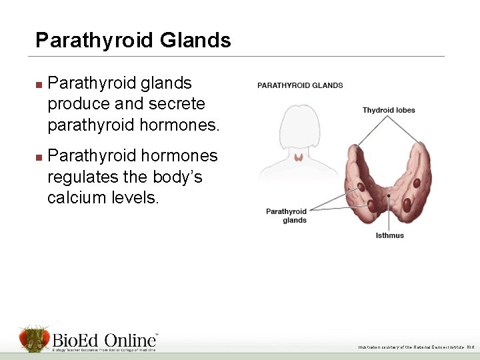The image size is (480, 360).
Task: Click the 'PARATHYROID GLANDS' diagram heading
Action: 300,85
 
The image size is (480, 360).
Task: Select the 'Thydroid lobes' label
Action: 389,110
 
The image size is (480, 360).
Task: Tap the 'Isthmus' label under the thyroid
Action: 389,235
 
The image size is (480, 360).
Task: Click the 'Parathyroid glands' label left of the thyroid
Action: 287,216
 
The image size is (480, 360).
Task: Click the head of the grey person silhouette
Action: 300,127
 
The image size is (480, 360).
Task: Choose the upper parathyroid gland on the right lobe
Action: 417,183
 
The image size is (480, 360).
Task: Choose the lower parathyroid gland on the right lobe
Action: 408,203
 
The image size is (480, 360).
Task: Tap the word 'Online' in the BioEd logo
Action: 129,339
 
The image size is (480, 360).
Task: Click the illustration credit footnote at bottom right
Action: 415,347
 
